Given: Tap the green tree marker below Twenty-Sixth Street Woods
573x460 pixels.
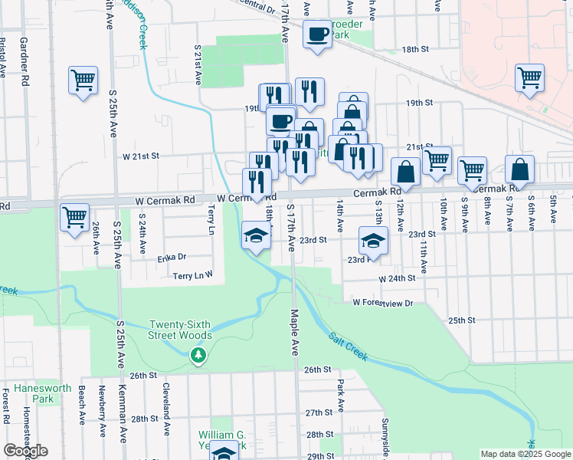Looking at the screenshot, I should (x=198, y=354).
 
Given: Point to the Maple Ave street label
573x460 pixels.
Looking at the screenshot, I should (x=293, y=332).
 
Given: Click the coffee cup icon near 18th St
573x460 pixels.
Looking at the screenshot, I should (x=317, y=34).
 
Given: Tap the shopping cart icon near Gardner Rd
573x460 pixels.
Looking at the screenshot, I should (x=83, y=79).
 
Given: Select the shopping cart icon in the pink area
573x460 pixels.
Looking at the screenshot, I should (x=529, y=77).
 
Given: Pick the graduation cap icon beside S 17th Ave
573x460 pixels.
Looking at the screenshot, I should (x=256, y=235).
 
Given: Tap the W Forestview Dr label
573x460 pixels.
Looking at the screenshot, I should (x=383, y=303).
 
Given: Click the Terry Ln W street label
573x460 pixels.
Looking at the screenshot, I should (x=192, y=275).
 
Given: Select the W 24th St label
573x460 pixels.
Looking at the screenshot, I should (x=397, y=278).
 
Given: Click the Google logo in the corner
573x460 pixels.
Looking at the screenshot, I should (x=25, y=451).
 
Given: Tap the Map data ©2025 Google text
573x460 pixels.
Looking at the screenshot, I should (x=525, y=454).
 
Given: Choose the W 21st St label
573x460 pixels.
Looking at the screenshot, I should (x=140, y=155).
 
